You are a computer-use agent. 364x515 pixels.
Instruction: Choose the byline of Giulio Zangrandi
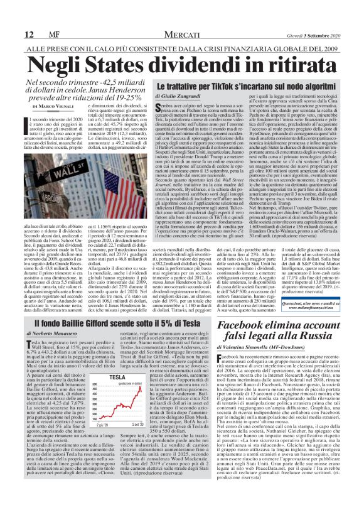tap(181, 97)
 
